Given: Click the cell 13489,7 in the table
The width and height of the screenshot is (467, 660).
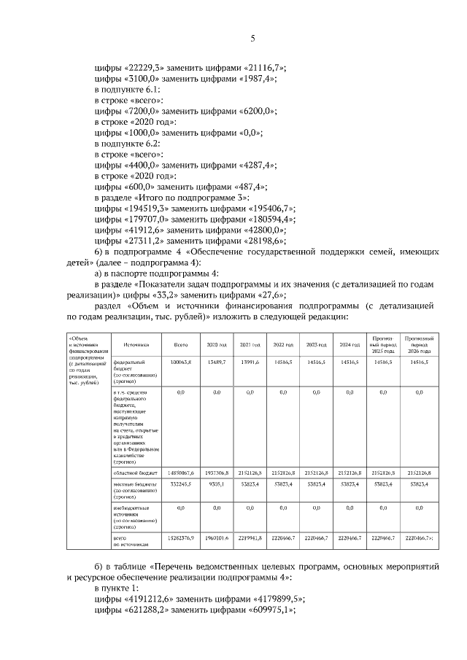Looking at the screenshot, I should (216, 362).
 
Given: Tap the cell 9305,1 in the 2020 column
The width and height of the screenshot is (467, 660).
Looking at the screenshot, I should (217, 484).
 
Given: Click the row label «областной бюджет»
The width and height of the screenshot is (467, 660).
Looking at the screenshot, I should (134, 473).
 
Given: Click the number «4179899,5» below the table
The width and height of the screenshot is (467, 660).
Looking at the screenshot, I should (274, 599).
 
